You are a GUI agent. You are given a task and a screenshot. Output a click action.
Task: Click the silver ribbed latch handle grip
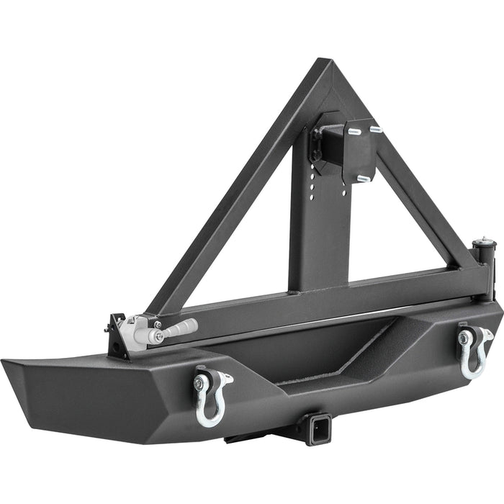tap(180, 329)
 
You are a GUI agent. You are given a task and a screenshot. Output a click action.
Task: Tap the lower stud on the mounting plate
tap(364, 177)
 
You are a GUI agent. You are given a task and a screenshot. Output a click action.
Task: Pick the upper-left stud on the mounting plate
tap(354, 132)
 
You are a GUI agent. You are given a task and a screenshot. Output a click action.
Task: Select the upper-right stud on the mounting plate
tap(375, 130)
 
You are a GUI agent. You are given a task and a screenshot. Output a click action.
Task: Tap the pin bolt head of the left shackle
tap(197, 383)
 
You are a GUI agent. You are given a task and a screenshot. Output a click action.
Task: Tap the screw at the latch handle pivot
tap(158, 336)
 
